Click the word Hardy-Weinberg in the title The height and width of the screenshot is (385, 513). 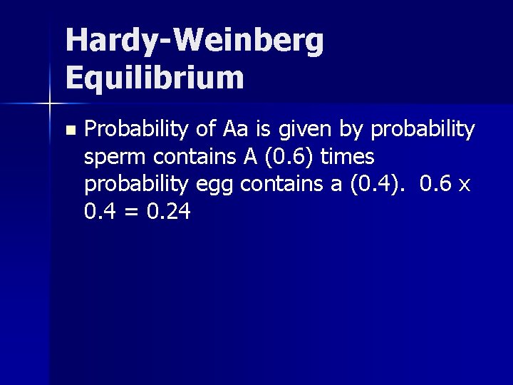[x=195, y=42]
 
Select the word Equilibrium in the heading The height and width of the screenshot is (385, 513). [x=155, y=77]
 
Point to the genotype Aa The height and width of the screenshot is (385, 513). [x=234, y=129]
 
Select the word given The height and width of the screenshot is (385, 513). [x=301, y=130]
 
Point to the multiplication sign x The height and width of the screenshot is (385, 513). [x=464, y=185]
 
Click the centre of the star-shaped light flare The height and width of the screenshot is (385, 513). [x=49, y=103]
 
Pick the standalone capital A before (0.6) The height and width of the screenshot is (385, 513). [x=240, y=156]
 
